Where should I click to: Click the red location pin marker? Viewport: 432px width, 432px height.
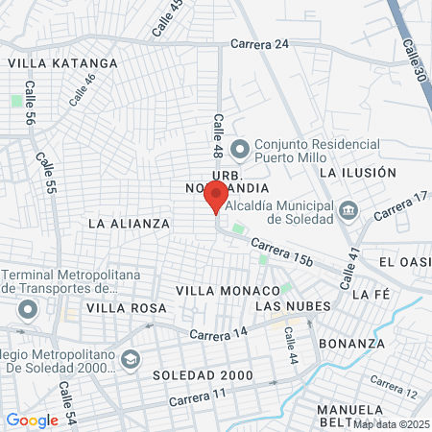215,196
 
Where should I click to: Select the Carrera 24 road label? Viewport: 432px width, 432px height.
259,43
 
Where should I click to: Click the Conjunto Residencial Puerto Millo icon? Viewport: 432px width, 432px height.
239,148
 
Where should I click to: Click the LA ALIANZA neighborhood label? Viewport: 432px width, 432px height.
129,223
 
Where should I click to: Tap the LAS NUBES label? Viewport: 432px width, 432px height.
293,306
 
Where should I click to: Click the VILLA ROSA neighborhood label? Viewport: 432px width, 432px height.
127,308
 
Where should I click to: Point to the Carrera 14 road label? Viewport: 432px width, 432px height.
219,333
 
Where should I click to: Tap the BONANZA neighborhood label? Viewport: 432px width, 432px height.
354,343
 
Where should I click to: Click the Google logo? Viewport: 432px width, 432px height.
32,420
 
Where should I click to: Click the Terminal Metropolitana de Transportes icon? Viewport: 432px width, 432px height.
27,309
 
